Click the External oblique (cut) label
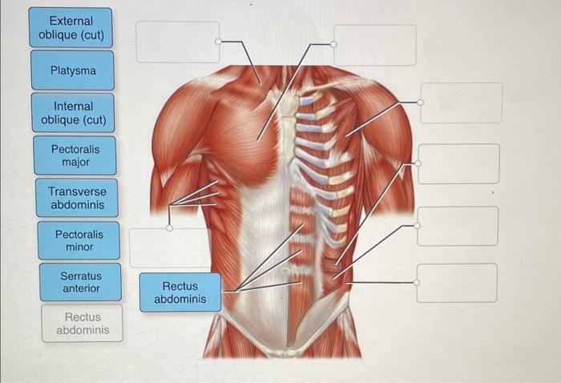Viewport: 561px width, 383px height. click(71, 28)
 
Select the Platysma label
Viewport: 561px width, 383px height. click(73, 71)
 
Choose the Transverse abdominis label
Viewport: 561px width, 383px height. click(77, 198)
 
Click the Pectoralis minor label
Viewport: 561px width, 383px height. click(79, 240)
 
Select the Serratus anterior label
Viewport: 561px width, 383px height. click(80, 282)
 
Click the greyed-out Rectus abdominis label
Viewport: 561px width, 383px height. click(83, 323)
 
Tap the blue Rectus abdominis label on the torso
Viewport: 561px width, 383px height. click(180, 292)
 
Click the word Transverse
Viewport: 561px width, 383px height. click(77, 191)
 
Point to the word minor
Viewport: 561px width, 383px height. click(79, 247)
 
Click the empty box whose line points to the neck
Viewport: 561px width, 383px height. click(177, 42)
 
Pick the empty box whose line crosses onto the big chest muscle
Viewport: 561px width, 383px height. click(375, 45)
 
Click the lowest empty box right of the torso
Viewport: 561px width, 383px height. click(457, 283)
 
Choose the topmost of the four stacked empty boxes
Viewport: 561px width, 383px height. click(461, 103)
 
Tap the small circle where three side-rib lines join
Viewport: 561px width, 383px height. click(169, 228)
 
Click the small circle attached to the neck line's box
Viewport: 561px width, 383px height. click(218, 41)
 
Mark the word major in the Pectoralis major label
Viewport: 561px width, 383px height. click(75, 162)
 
